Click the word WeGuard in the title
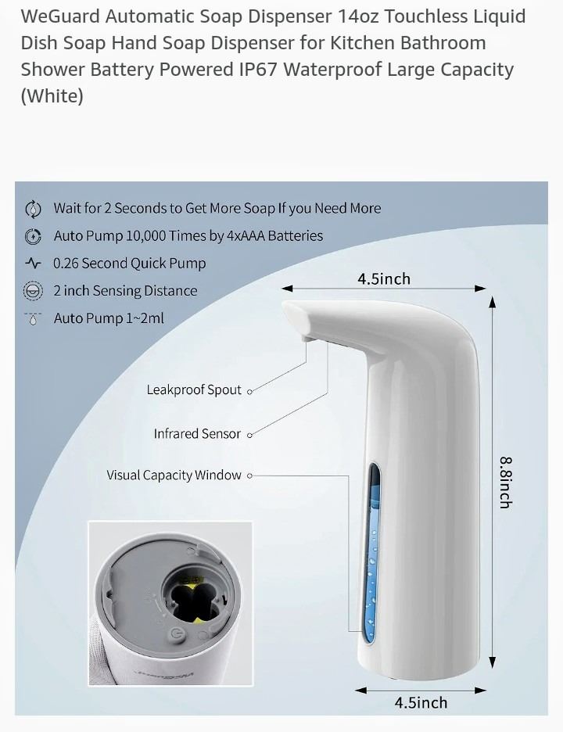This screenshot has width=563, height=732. tap(60, 16)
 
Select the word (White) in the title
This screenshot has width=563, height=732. tap(52, 96)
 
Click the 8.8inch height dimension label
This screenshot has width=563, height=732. tap(506, 483)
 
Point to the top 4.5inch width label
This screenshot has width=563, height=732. tap(384, 278)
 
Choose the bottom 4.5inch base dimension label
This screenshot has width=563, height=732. tap(421, 702)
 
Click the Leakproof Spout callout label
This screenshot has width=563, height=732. tap(194, 389)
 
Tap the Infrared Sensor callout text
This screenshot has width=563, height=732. tap(197, 434)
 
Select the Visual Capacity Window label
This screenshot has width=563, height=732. tap(174, 475)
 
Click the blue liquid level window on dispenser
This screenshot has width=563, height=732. tap(372, 554)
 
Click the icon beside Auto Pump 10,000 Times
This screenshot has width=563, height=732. tap(33, 236)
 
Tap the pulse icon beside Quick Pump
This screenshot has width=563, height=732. tap(33, 264)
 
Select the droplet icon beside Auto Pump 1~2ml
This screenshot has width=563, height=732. tap(33, 318)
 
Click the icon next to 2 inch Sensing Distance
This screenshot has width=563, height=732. tap(33, 291)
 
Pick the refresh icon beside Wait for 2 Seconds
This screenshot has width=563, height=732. tap(33, 209)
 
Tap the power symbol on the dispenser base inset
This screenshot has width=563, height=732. tap(176, 633)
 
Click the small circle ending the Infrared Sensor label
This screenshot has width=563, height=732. tap(249, 435)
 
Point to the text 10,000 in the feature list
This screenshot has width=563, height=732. tap(146, 235)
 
